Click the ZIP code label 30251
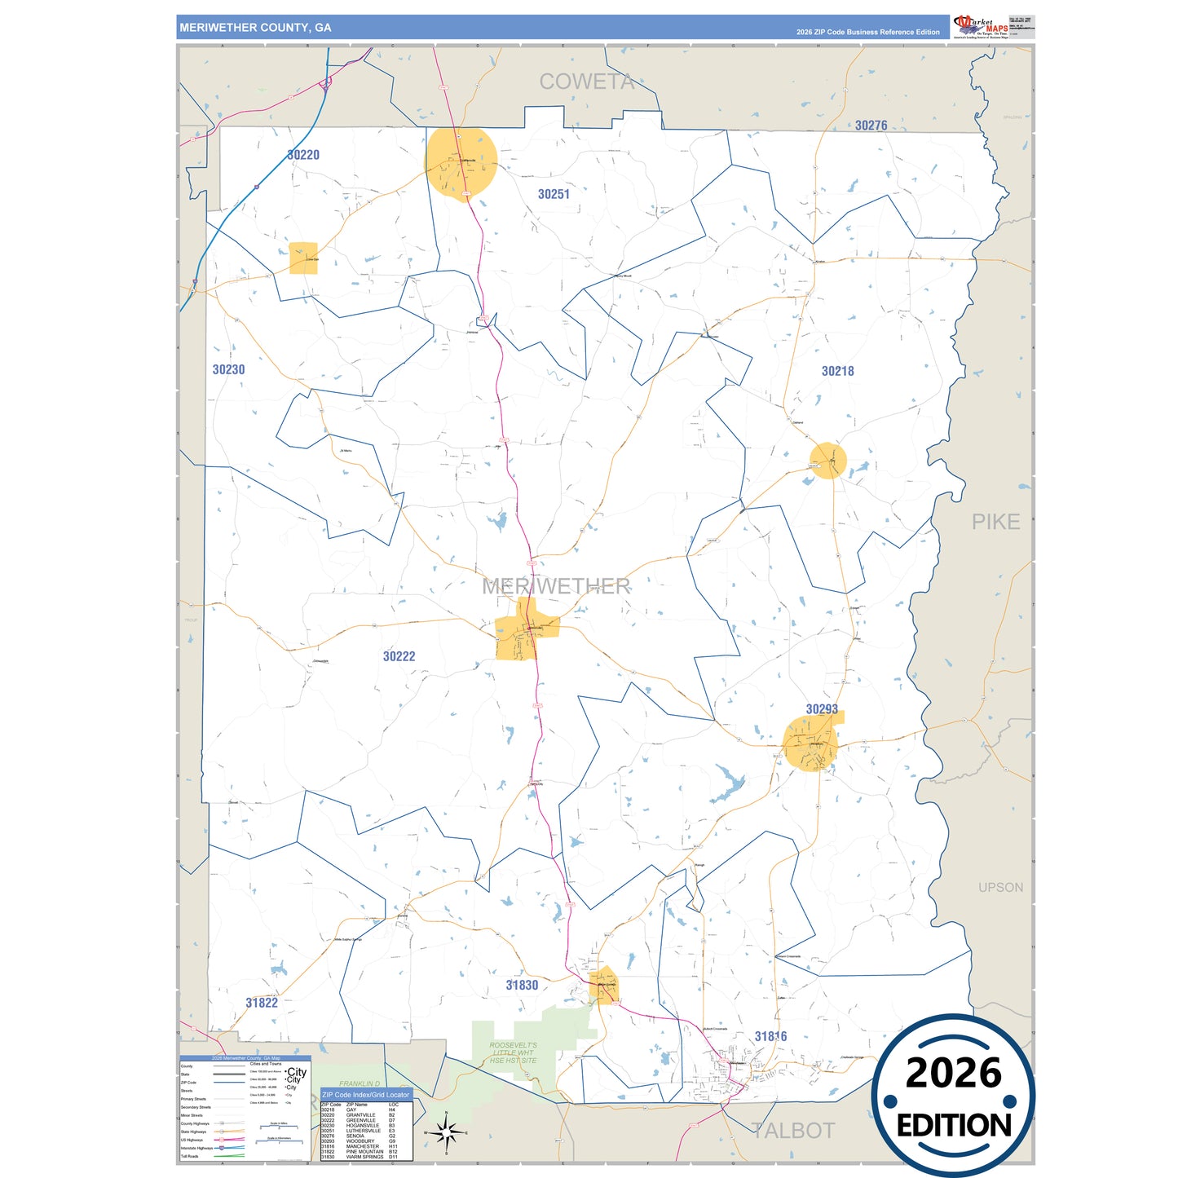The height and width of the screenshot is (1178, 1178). [554, 194]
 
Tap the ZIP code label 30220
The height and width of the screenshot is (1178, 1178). [303, 155]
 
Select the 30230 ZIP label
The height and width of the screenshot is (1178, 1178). [228, 369]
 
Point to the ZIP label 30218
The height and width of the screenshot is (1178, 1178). [837, 371]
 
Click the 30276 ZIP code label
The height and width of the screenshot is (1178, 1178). [871, 126]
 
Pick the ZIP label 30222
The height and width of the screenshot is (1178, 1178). [399, 656]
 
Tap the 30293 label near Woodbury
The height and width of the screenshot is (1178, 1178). [822, 709]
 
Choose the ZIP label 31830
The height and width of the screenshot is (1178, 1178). [522, 985]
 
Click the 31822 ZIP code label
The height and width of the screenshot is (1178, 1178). [262, 1003]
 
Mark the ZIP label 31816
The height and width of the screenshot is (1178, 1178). [770, 1036]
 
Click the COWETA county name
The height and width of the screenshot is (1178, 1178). [586, 82]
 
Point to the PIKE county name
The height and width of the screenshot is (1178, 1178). [995, 522]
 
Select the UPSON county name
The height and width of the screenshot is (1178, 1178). [1000, 887]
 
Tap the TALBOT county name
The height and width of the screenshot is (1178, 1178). [793, 1131]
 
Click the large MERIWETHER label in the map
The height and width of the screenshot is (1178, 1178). [556, 586]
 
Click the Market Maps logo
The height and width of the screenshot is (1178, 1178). [981, 27]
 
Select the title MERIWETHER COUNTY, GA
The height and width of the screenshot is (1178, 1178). [255, 28]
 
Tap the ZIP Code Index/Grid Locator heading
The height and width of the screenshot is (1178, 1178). [365, 1095]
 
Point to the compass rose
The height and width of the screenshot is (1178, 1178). [446, 1132]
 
